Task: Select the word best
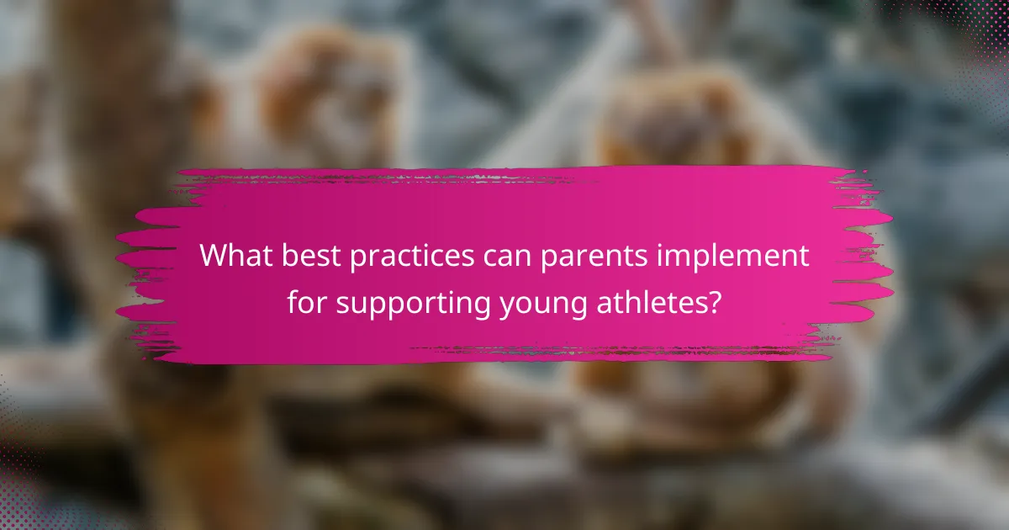click(x=311, y=255)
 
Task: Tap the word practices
click(x=412, y=257)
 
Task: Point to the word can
click(x=508, y=257)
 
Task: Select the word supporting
click(x=413, y=305)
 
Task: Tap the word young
click(x=544, y=305)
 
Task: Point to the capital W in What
click(x=215, y=256)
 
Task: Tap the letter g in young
click(x=578, y=307)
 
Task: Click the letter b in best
click(x=291, y=255)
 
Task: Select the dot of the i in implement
click(x=660, y=245)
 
